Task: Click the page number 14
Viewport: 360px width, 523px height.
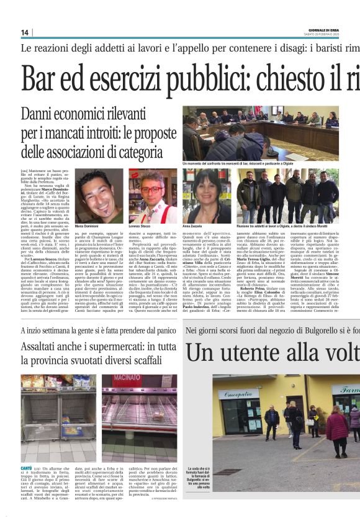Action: [x=25, y=33]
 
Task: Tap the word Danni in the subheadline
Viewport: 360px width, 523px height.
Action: [x=39, y=115]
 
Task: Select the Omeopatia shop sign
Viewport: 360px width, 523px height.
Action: [x=237, y=394]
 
